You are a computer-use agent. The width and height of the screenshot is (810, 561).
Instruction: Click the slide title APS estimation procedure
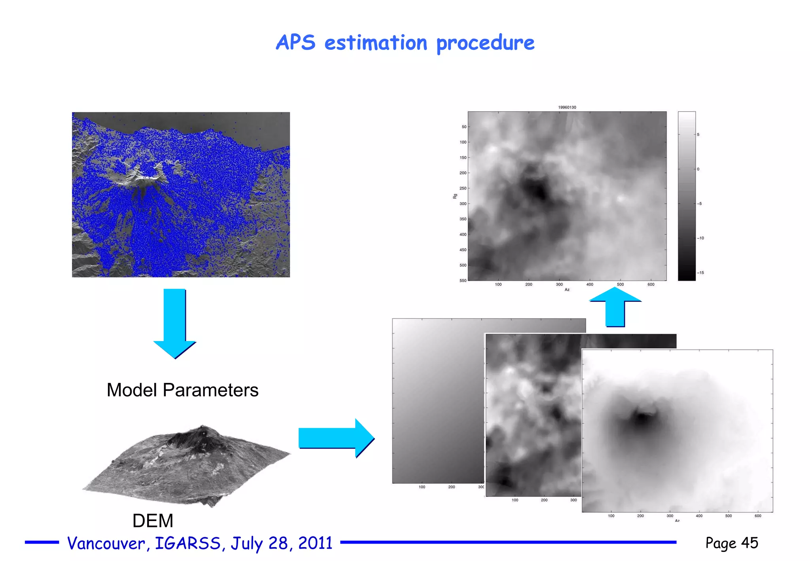click(405, 43)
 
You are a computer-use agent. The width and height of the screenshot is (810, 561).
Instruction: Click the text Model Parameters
click(182, 390)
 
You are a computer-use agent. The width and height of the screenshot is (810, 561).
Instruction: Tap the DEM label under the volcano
click(153, 521)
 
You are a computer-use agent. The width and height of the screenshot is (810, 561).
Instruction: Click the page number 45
click(749, 543)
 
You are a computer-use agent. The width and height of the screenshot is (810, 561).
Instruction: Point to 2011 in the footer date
click(315, 543)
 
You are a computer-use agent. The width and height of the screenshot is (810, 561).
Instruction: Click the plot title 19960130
click(567, 107)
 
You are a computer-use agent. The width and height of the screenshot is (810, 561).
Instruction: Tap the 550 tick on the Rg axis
click(463, 280)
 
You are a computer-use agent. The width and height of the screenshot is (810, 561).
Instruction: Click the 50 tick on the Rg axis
click(464, 127)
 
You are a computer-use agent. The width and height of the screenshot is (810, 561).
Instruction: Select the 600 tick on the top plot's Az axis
click(651, 284)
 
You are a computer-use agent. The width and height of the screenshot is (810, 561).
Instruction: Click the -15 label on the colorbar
click(700, 273)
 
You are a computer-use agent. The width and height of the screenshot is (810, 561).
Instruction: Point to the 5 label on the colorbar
click(698, 135)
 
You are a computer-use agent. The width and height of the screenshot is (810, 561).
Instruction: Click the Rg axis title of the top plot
click(455, 196)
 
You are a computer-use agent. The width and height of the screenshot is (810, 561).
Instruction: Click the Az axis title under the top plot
click(567, 290)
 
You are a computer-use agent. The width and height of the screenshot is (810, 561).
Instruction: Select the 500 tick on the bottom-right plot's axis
click(728, 516)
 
